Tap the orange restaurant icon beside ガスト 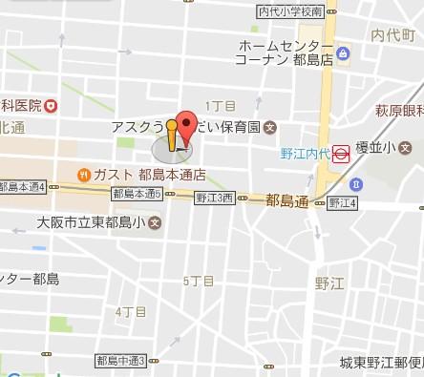click(83, 175)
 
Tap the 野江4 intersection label click(342, 203)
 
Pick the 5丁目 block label click(198, 281)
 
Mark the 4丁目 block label click(130, 311)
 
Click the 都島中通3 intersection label click(120, 361)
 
